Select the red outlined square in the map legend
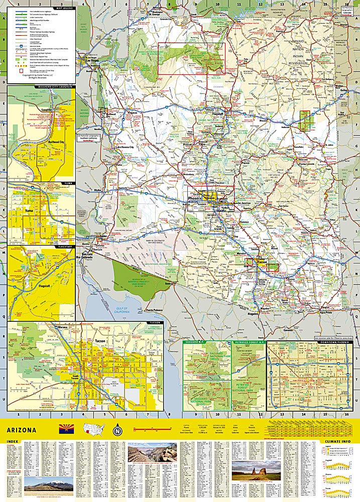[x=21, y=71]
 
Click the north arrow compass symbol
[x=117, y=430]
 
